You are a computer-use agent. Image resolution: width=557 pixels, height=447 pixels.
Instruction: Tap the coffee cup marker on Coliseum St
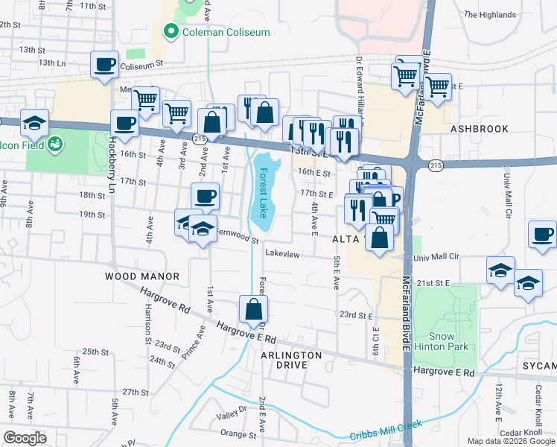pyautogui.click(x=105, y=64)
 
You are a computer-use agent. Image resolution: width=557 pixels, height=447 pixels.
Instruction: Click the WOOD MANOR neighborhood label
pyautogui.click(x=142, y=276)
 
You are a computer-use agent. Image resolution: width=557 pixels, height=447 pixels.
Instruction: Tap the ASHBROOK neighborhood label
pyautogui.click(x=480, y=129)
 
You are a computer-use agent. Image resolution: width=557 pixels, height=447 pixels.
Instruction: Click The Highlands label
pyautogui.click(x=489, y=15)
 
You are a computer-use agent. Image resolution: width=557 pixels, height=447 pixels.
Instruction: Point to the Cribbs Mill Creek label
pyautogui.click(x=386, y=429)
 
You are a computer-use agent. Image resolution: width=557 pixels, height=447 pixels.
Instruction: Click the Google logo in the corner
pyautogui.click(x=25, y=437)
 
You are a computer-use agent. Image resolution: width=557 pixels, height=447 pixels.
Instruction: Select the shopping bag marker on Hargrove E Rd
pyautogui.click(x=253, y=308)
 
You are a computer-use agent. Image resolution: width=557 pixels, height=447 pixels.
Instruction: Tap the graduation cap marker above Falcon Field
pyautogui.click(x=34, y=122)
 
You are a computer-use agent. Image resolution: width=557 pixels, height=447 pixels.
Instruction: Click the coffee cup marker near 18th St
pyautogui.click(x=205, y=197)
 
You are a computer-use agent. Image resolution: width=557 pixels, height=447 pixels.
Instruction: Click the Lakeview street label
pyautogui.click(x=282, y=254)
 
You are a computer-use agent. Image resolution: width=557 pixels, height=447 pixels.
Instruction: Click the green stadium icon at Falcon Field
pyautogui.click(x=54, y=144)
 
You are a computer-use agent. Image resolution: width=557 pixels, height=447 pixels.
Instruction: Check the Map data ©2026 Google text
pyautogui.click(x=510, y=441)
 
